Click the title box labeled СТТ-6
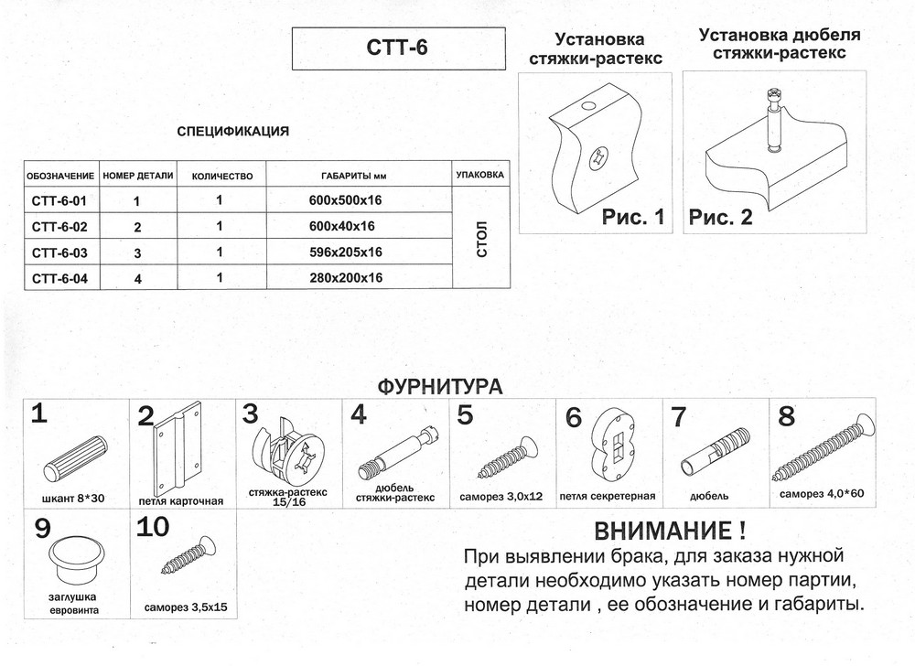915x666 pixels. [x=398, y=49]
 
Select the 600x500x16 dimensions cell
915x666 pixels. [x=346, y=199]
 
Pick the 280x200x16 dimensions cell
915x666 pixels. [x=346, y=278]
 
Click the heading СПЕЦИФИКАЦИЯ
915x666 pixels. [x=232, y=131]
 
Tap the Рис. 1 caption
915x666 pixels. [x=631, y=218]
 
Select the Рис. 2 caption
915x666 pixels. [x=720, y=218]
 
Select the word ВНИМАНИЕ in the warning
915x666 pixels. [x=660, y=531]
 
